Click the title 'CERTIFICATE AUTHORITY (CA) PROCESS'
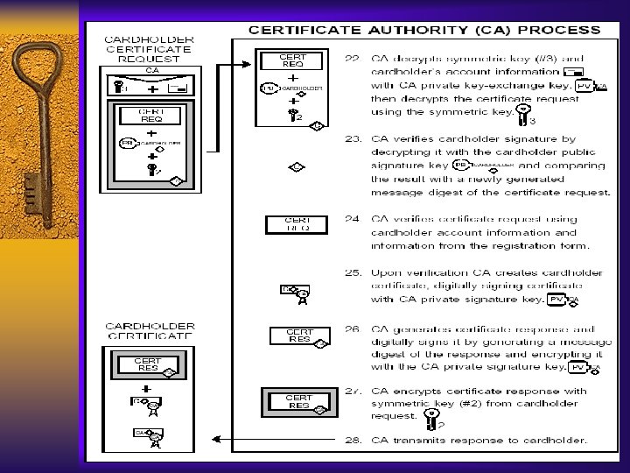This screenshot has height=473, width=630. click(424, 29)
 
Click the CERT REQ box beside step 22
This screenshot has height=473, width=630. click(293, 60)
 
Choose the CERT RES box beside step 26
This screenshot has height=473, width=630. click(299, 335)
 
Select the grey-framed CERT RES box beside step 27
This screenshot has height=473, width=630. click(298, 402)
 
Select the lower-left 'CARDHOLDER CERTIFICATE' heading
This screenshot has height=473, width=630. click(150, 330)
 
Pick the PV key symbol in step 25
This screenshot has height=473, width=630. click(557, 300)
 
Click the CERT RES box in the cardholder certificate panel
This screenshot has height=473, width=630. click(147, 364)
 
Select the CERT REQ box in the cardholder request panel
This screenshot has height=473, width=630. click(151, 115)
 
